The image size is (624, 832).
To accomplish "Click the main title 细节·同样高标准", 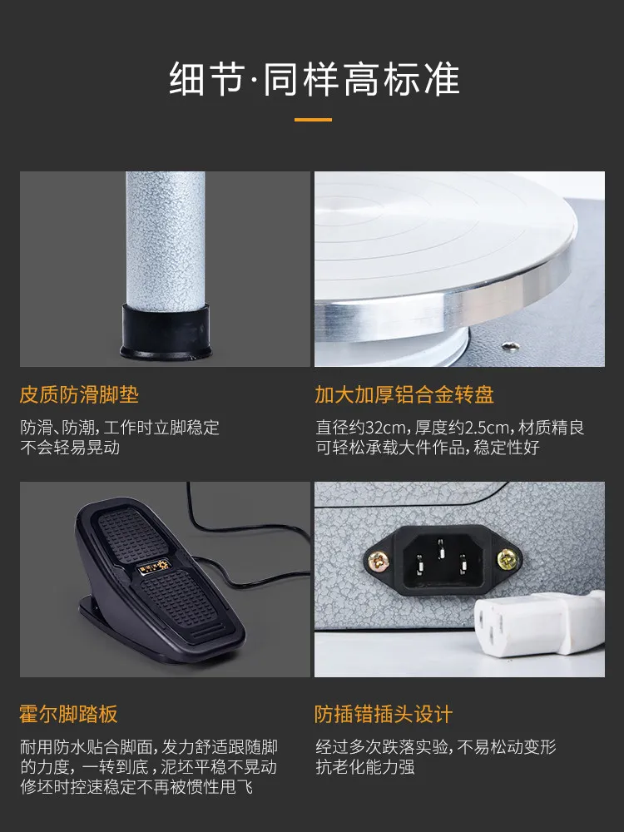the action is (x=314, y=79).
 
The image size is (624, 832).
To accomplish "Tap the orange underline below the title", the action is (x=313, y=119).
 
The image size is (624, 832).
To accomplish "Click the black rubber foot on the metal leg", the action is (x=166, y=332).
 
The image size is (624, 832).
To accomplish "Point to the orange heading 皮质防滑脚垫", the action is (x=79, y=394).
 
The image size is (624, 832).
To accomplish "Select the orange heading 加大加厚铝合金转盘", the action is (x=404, y=394).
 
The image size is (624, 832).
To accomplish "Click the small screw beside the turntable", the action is (x=511, y=346).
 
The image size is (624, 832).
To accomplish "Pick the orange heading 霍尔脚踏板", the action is (x=68, y=714).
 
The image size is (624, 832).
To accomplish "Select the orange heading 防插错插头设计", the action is (x=383, y=714).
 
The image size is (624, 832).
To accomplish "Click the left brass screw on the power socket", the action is (x=379, y=560).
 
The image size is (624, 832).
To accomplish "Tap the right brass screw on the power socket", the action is (x=506, y=560).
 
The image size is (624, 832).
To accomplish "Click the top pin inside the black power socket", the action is (x=441, y=548).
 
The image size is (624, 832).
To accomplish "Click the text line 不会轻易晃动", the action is (x=70, y=448).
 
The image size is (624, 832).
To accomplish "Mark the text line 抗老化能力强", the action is (x=365, y=767).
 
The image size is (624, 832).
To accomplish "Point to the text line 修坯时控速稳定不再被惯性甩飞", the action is (x=136, y=787).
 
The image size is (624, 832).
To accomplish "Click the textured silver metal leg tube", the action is (x=166, y=239).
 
